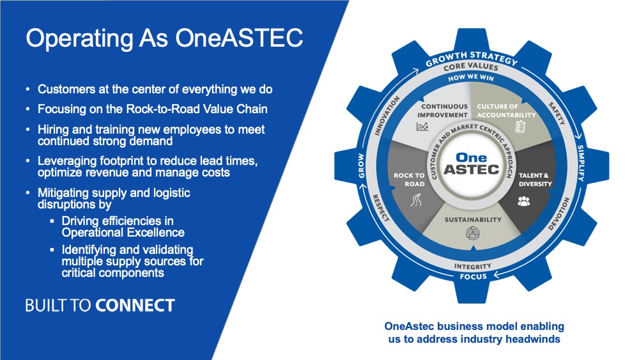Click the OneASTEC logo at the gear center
point(472,164)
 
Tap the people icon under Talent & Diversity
point(524,201)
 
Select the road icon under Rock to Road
point(416,200)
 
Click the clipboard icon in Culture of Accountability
point(520,127)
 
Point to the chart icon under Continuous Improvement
point(422,127)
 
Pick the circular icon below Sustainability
point(473,233)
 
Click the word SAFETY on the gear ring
point(557,113)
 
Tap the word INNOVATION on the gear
point(387,115)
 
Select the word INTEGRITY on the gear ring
point(473,266)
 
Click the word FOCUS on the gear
point(473,276)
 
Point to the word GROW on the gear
point(362,166)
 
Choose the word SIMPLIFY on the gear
point(581,163)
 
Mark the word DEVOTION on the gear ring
point(558,214)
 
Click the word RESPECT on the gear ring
point(381,208)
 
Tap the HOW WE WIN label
point(471,77)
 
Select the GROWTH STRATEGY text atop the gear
point(472,58)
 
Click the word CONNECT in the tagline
point(135,306)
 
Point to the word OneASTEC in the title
point(239,38)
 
